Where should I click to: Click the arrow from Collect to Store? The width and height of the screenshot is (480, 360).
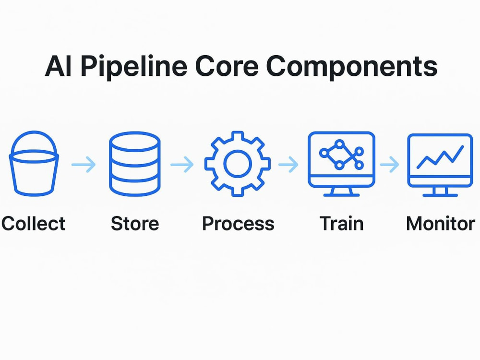coord(83,165)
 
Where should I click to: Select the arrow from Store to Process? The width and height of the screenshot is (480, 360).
coord(182,165)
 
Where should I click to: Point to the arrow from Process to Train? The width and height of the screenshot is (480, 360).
coord(288,165)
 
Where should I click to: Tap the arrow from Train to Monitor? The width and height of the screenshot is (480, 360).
coord(390,165)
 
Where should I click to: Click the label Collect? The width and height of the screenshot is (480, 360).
coord(33,224)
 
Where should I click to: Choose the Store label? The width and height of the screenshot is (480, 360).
coord(135,224)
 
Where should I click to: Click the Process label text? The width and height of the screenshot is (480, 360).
coord(238,224)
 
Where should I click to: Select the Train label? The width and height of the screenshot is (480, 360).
coord(342,224)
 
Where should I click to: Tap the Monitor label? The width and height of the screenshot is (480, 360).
coord(441,224)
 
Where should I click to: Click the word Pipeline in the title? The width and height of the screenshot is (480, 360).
coord(134,67)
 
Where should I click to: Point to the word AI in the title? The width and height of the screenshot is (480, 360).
coord(58,66)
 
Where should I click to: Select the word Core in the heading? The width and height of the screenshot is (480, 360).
coord(227,66)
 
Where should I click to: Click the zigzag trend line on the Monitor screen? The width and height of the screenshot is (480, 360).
coord(440,157)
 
